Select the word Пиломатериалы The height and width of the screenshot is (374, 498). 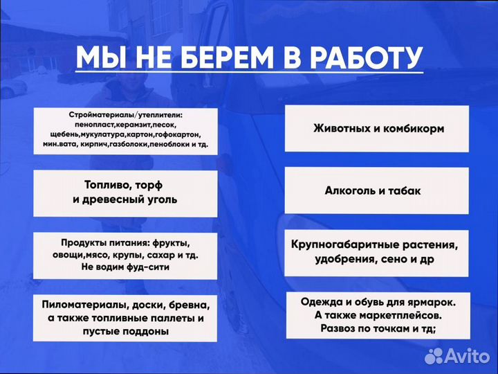84,305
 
